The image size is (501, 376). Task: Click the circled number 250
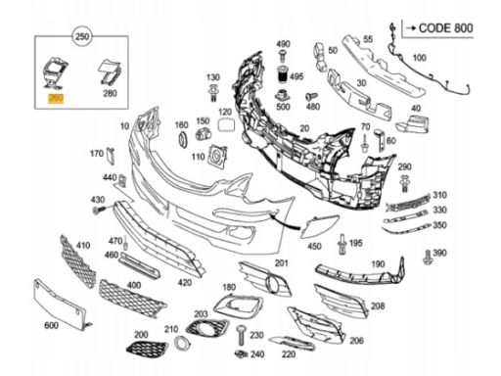tap(82, 36)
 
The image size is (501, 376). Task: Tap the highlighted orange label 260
tap(56, 98)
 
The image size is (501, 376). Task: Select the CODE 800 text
tap(445, 28)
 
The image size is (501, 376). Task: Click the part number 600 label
tap(51, 325)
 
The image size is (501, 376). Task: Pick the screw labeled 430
tap(99, 210)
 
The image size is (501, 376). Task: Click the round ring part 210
tap(182, 343)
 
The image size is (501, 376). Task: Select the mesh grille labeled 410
tap(78, 261)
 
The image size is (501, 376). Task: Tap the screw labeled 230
tap(242, 335)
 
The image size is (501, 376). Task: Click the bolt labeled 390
tap(428, 257)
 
